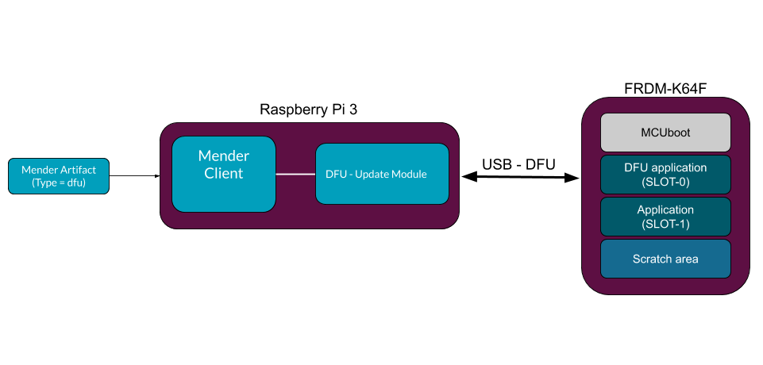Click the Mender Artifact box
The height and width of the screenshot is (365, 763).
[58, 176]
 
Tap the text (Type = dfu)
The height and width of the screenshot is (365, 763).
[59, 183]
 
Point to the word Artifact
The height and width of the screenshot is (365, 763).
[77, 170]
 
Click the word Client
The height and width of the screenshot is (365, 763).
[223, 173]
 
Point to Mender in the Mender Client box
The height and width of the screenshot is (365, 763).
[223, 156]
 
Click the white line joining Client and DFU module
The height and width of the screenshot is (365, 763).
[295, 174]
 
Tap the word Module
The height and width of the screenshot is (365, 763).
[409, 174]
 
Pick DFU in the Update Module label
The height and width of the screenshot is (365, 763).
[336, 174]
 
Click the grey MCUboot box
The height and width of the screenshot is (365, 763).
[665, 133]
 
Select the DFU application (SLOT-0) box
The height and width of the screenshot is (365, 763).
[665, 175]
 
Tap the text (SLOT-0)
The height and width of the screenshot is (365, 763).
[665, 182]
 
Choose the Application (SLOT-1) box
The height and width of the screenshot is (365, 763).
[665, 217]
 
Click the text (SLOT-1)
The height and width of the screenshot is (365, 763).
[665, 224]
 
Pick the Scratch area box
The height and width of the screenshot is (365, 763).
[665, 259]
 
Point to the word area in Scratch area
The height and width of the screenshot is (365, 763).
[686, 259]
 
